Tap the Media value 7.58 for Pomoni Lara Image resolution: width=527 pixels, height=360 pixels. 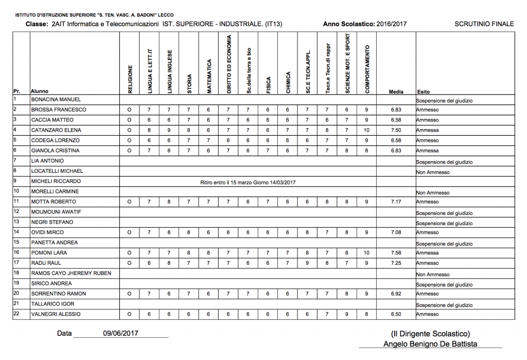click(x=396, y=253)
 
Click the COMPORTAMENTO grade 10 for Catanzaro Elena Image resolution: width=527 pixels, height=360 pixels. click(x=366, y=130)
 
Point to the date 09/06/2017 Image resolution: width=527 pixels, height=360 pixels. click(x=121, y=333)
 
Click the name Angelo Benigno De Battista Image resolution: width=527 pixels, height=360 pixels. click(x=430, y=344)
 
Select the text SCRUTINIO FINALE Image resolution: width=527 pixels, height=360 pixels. click(x=484, y=24)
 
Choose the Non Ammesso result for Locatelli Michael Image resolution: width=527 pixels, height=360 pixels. click(x=433, y=172)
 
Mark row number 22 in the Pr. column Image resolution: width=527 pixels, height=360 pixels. click(x=16, y=314)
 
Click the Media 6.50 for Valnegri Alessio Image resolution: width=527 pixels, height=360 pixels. click(x=396, y=314)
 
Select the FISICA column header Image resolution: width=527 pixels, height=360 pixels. click(x=268, y=82)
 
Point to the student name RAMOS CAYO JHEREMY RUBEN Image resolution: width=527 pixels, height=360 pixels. click(x=71, y=273)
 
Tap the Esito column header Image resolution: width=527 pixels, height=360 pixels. click(x=423, y=92)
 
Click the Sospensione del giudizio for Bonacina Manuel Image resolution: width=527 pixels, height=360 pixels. click(x=444, y=101)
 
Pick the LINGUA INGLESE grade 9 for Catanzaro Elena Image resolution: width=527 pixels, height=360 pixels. click(x=168, y=130)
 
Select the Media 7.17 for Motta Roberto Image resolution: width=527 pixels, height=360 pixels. click(x=396, y=202)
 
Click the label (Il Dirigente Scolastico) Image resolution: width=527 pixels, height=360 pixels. click(x=430, y=333)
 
